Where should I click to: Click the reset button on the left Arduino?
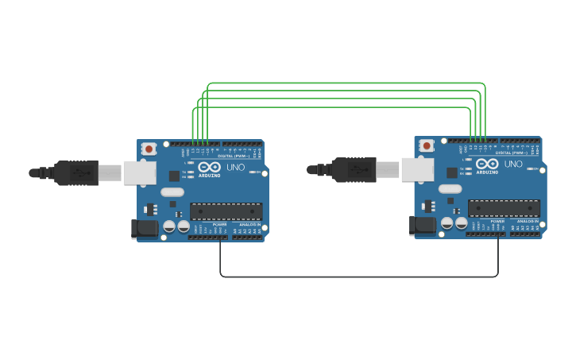click(149, 149)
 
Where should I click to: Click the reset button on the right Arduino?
click(427, 145)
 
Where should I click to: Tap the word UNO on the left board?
click(236, 168)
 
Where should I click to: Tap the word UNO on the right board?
click(513, 165)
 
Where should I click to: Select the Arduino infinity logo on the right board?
click(487, 164)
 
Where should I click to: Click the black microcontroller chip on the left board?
click(226, 211)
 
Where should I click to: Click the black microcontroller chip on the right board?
click(504, 208)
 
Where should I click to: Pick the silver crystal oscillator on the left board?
click(172, 192)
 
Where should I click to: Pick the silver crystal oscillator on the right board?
click(450, 188)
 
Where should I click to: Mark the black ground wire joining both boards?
click(358, 277)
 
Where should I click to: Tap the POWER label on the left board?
click(219, 225)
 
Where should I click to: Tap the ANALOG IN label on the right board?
click(528, 222)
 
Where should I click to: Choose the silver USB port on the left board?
click(140, 172)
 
